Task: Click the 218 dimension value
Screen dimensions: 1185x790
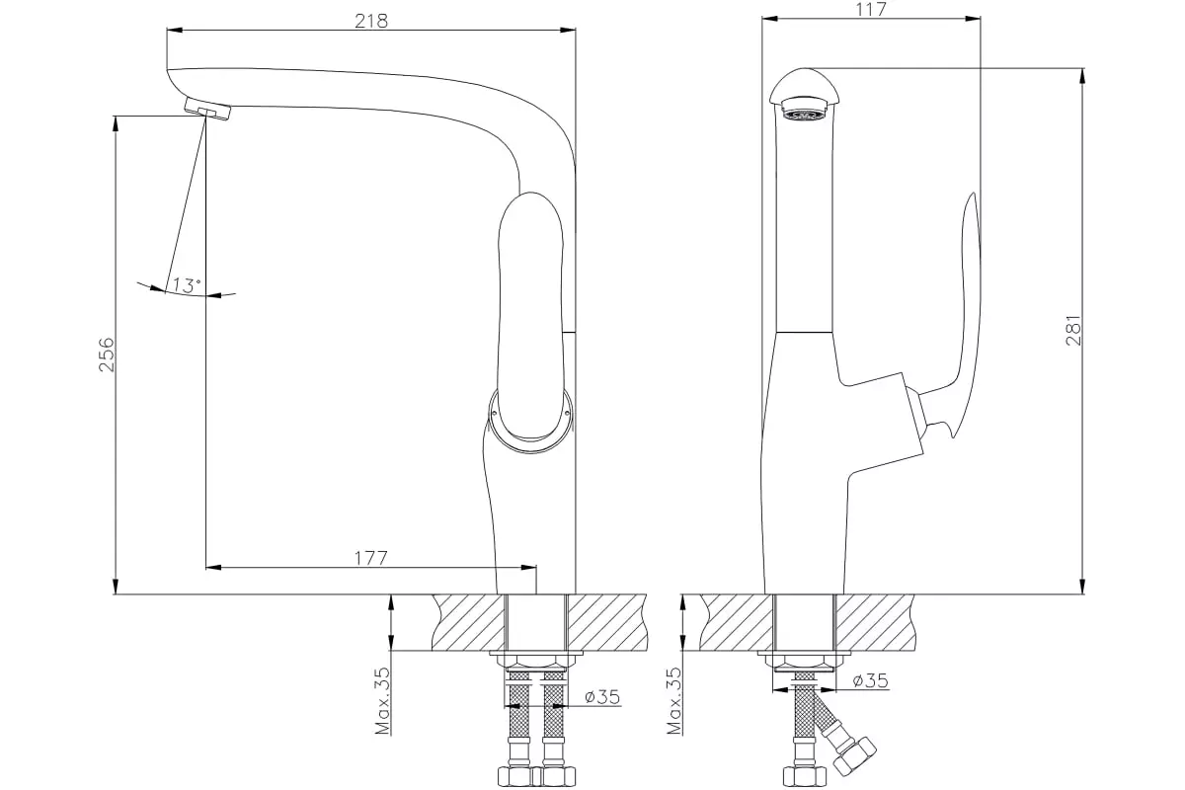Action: coord(371,21)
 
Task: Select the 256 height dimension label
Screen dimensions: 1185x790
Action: coord(107,355)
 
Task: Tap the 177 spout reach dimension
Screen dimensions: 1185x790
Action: coord(371,558)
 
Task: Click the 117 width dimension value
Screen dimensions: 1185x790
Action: coord(870,10)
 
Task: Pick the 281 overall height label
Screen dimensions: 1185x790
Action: coord(1073,330)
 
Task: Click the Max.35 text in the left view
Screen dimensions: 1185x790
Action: coord(382,700)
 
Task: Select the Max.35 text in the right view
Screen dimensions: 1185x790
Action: coord(673,700)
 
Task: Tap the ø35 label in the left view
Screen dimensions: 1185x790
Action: coord(602,697)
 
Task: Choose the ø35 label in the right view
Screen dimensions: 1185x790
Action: coord(871,680)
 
